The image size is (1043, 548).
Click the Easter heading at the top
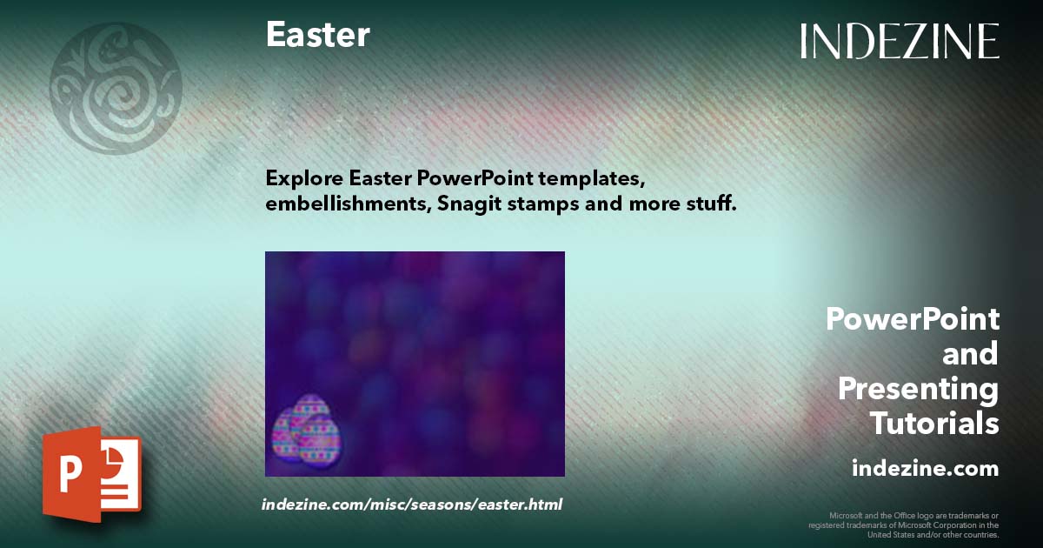pos(317,35)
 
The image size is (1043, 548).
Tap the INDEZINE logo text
pos(900,41)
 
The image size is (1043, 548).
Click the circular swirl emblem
pos(116,88)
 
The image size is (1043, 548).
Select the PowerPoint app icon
pos(91,474)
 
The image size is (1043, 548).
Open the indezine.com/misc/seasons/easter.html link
pos(412,505)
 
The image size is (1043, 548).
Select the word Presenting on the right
pos(918,390)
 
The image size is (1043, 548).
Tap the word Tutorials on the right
pos(934,424)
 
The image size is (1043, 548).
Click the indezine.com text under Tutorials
pos(925,469)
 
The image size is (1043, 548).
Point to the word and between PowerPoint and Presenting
pos(970,355)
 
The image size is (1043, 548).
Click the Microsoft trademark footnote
pos(904,525)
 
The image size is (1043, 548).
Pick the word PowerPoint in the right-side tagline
pos(912,319)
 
